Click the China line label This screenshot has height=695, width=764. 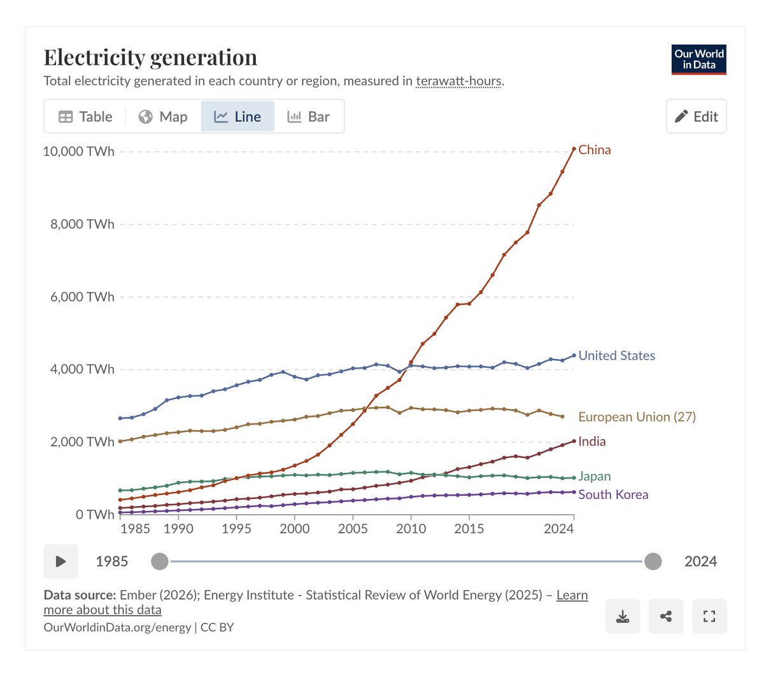tap(594, 150)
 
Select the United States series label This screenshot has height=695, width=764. tap(616, 356)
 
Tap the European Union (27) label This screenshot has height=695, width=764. tap(637, 417)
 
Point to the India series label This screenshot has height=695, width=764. tap(592, 442)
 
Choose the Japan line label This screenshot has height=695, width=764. tap(594, 476)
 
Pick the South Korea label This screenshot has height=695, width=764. tap(613, 495)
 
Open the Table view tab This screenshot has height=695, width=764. tap(85, 116)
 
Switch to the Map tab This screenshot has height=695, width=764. tap(164, 116)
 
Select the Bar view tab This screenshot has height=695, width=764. tap(309, 116)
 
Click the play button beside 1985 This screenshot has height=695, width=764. tap(61, 561)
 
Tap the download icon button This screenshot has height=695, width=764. tap(623, 616)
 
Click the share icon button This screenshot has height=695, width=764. tap(666, 616)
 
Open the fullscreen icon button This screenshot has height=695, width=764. tap(709, 616)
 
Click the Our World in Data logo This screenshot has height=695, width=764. tap(698, 59)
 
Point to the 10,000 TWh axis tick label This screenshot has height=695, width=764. tap(79, 151)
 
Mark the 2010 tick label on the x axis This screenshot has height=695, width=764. tap(411, 529)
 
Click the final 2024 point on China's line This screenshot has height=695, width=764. tap(574, 149)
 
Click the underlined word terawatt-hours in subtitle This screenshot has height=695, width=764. tap(458, 81)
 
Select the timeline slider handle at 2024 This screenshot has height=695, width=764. tap(653, 561)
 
